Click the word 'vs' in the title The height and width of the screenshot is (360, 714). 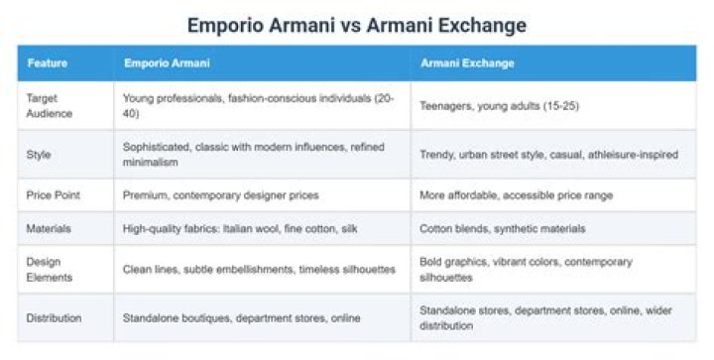point(351,26)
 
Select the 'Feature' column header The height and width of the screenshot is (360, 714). point(48,62)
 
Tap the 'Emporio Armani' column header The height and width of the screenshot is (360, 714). point(167,62)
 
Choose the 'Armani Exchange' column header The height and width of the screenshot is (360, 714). point(467,62)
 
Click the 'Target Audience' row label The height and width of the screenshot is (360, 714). point(50,105)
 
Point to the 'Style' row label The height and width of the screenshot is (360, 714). point(39,155)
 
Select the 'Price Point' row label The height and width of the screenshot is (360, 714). point(53,194)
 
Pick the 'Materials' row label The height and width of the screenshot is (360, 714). point(49,228)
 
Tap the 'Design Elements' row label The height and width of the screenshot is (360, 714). point(50,270)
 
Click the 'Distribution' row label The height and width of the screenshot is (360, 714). point(54,317)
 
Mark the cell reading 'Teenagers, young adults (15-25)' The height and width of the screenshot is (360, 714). point(499,106)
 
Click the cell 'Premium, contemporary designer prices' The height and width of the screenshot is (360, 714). point(220,195)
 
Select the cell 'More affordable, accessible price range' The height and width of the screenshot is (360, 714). point(516,195)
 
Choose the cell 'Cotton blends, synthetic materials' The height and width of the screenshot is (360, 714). point(502,228)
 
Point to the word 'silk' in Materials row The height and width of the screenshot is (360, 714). point(349,228)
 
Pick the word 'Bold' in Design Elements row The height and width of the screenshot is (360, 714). point(430,262)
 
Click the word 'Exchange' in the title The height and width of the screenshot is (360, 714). point(482,26)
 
